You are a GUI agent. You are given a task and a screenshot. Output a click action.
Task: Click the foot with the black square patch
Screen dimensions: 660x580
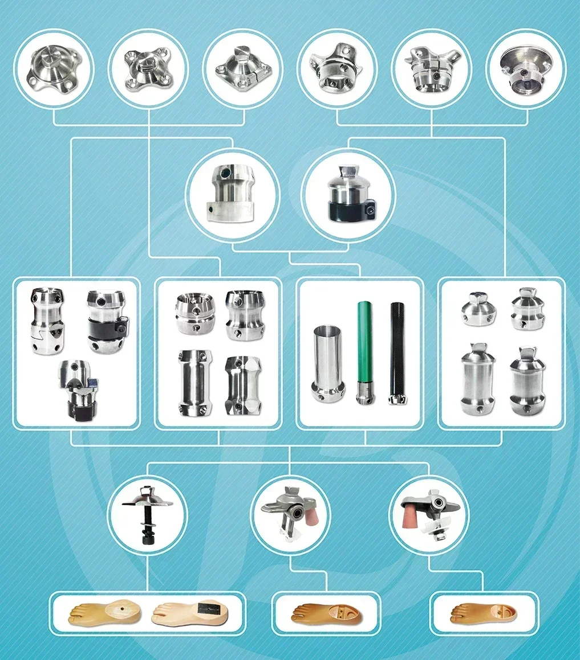192,613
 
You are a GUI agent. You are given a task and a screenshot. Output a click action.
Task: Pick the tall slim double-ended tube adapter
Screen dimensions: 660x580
190,382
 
